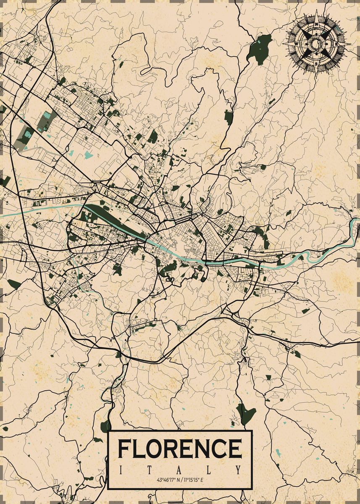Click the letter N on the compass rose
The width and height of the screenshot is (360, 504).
click(x=315, y=24)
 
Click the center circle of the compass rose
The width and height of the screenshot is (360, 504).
click(x=315, y=42)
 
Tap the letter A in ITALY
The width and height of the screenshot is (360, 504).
click(x=180, y=469)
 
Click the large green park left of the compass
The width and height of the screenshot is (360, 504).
click(x=259, y=48)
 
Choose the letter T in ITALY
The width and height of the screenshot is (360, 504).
click(x=150, y=469)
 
